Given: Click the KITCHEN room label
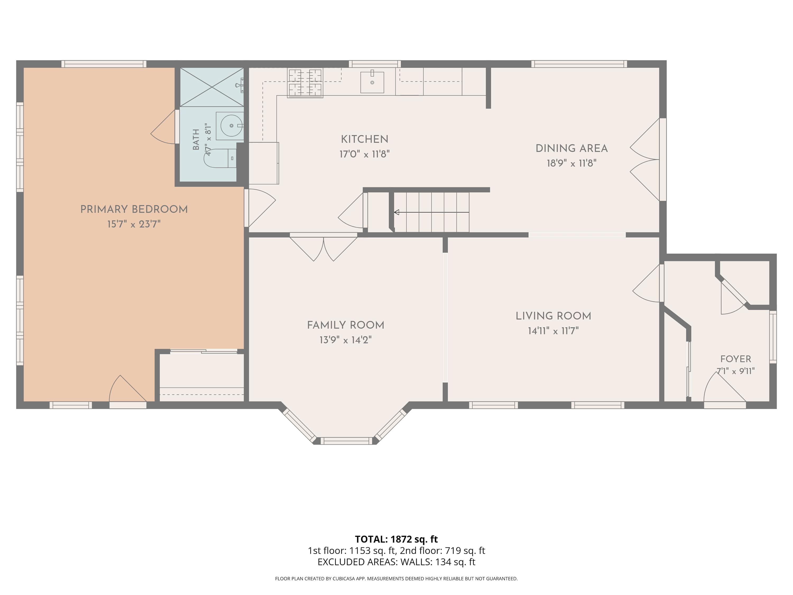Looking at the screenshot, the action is pos(364,139).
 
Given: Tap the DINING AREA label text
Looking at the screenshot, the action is pos(571,148).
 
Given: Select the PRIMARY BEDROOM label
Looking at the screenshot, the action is pos(134,209).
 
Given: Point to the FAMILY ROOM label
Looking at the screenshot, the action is pos(345,325).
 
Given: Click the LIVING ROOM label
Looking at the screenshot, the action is pos(553,316).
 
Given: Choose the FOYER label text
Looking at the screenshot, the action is pos(736,359).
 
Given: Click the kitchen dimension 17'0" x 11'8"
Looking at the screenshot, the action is pos(364,154).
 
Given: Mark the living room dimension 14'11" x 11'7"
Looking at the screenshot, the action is pos(553,331).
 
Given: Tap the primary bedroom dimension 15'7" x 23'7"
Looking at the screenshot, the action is pos(134,224).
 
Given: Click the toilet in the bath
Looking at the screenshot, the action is pos(220,158).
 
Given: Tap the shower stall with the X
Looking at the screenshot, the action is pos(212,87).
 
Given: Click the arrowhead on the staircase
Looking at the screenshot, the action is pos(396,212).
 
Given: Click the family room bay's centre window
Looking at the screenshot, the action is pos(346,441).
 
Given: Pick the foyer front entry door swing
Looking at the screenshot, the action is pos(725,389).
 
